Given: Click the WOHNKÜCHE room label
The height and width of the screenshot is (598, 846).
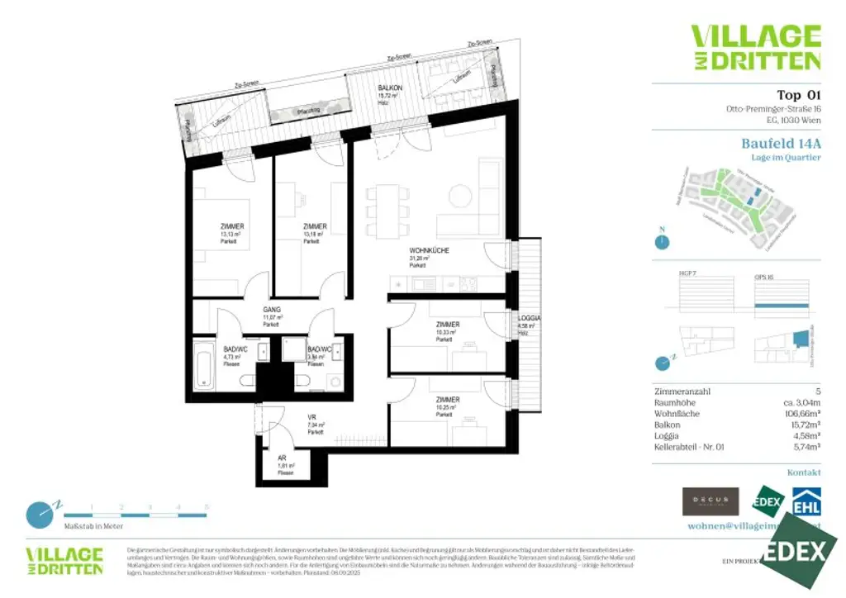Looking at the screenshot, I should [x=429, y=250].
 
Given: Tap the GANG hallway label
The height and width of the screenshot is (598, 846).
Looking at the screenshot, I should [x=273, y=310].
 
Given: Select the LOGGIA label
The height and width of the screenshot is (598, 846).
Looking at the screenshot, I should [x=529, y=318].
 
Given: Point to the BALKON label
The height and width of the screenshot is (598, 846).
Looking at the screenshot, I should [x=390, y=88].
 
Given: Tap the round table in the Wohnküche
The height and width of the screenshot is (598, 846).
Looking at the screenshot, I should [x=459, y=196].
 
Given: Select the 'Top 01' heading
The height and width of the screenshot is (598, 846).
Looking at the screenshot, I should [x=799, y=95].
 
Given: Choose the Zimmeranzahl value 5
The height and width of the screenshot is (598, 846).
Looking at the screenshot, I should [x=817, y=392].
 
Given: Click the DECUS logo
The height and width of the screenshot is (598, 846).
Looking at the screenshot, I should [x=710, y=501].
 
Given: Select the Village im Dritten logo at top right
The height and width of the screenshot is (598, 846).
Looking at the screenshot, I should [x=755, y=47].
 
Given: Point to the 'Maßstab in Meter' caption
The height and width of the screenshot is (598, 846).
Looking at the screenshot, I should [x=93, y=524].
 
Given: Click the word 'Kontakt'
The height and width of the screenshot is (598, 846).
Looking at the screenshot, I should [x=804, y=472].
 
